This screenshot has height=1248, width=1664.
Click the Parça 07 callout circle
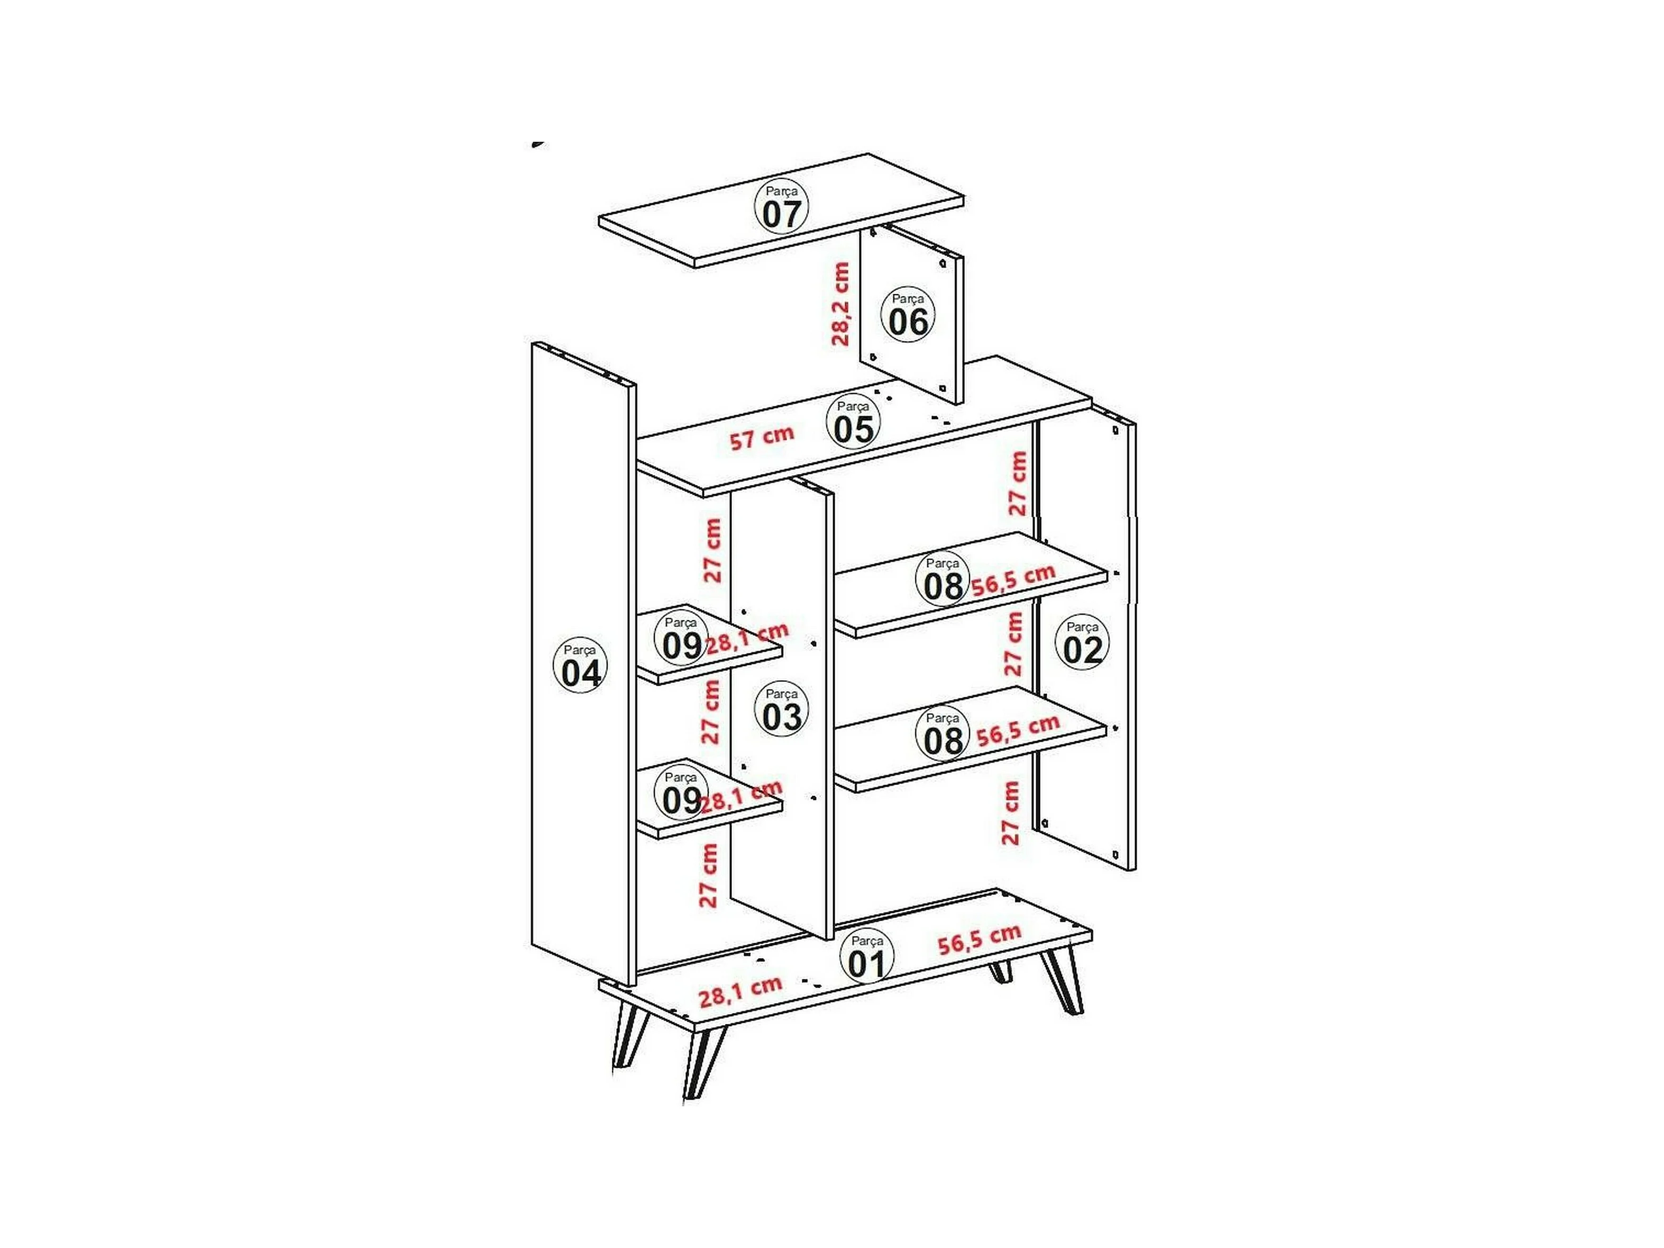[782, 206]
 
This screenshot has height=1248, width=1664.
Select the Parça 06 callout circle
[908, 314]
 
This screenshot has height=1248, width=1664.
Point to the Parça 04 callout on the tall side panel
[581, 665]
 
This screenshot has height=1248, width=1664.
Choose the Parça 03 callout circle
[782, 708]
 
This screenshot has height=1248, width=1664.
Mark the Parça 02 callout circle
[1083, 642]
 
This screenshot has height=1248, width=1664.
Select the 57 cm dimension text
[762, 437]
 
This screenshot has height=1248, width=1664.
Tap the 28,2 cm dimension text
[840, 304]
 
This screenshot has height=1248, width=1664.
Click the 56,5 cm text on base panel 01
[980, 940]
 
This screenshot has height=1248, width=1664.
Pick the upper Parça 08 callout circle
[942, 578]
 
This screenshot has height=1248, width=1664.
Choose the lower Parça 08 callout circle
[943, 733]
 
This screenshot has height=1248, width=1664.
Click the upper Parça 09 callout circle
[681, 638]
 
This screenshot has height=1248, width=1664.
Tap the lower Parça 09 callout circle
[681, 793]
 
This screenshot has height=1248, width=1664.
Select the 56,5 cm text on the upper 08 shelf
[1013, 580]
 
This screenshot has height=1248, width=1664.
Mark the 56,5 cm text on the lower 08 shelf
[1018, 731]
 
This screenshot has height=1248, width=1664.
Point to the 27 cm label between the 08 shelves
[1013, 644]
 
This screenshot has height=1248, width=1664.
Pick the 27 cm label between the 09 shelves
[711, 712]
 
